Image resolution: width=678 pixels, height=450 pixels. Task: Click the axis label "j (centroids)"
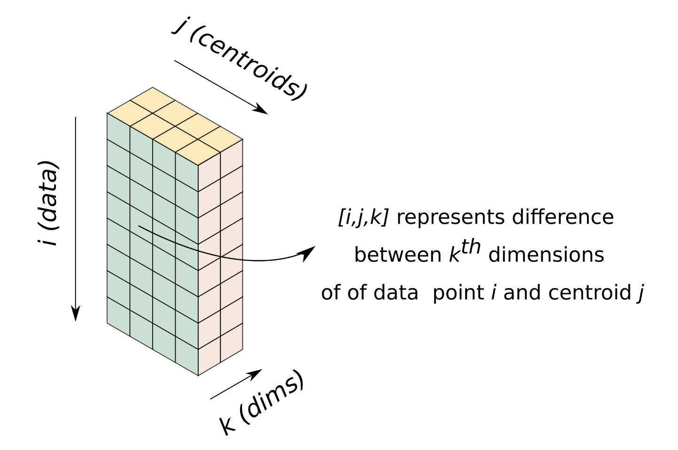click(x=240, y=59)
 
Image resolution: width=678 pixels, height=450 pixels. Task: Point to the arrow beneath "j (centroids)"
click(x=220, y=87)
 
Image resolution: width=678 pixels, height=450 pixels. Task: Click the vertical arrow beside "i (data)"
click(x=76, y=219)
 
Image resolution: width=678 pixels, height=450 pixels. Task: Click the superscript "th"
click(x=470, y=246)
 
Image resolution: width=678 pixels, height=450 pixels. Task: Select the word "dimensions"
click(x=546, y=255)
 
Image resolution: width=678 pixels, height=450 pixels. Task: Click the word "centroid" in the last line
click(x=589, y=292)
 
